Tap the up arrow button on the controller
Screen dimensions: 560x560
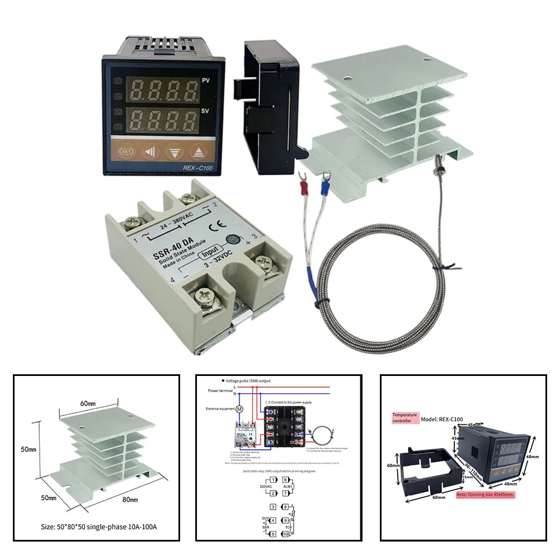pyautogui.click(x=197, y=151)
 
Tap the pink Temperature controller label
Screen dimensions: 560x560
pyautogui.click(x=405, y=417)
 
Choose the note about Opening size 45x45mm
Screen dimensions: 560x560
pyautogui.click(x=484, y=495)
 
